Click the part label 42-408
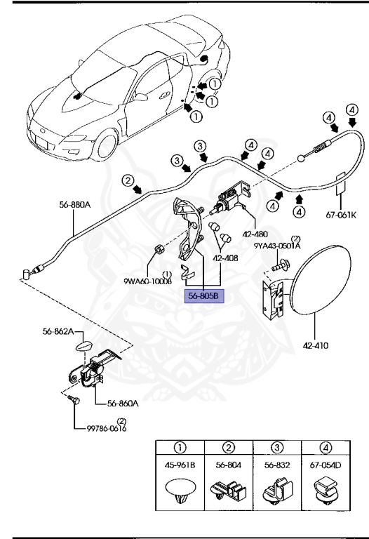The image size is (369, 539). point(227,258)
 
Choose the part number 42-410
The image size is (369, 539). point(315,345)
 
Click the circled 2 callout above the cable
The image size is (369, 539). point(127,180)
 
